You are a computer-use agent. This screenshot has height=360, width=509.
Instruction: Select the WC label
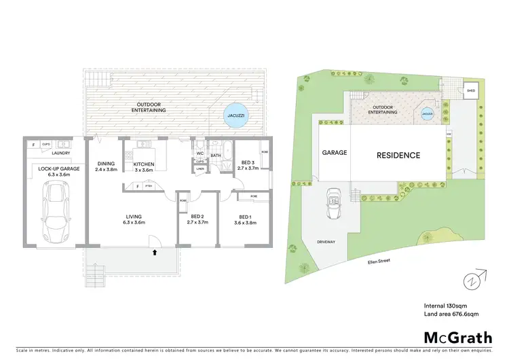(x=200, y=153)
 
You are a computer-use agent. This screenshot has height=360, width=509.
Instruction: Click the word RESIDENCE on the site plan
(x=398, y=155)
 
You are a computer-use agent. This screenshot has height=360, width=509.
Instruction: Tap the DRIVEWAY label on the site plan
(x=327, y=242)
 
